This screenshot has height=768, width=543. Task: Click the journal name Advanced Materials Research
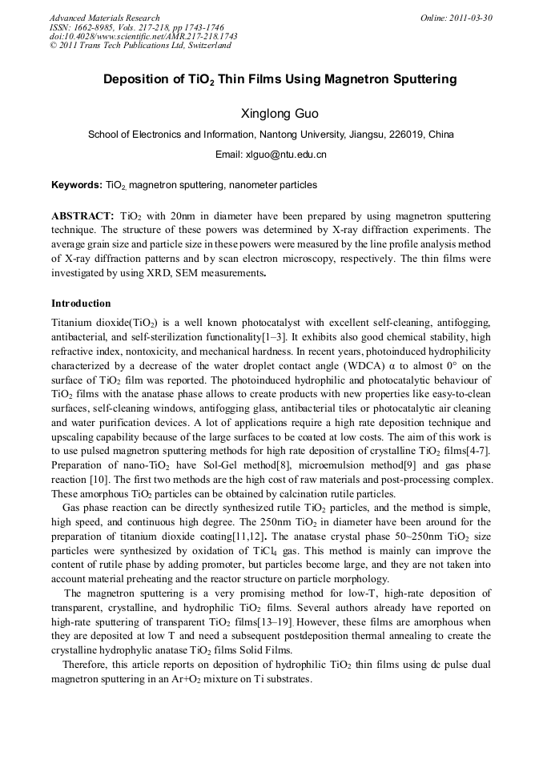click(104, 18)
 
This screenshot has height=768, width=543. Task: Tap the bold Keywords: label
click(77, 185)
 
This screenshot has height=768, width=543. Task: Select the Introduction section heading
click(81, 304)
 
